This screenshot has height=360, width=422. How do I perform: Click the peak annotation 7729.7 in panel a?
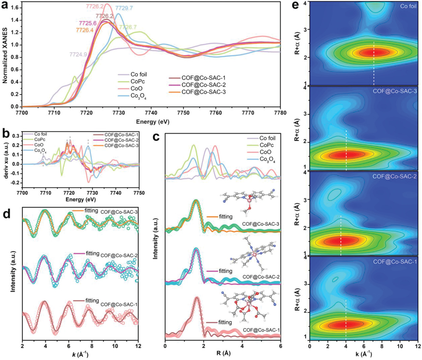(x=124, y=8)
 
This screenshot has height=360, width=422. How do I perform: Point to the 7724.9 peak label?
(x=78, y=54)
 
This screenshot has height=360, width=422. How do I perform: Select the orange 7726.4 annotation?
(x=85, y=30)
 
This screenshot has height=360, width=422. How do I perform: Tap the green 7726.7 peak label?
(x=128, y=28)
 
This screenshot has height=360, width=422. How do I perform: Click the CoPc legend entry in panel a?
(x=137, y=82)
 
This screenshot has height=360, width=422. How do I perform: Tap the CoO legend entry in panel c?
(x=266, y=152)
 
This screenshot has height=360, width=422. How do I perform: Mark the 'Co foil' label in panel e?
(x=408, y=6)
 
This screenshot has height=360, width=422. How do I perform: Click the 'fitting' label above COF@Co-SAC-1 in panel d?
(x=92, y=300)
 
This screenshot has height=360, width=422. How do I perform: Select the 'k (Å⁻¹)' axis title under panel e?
(x=364, y=354)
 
